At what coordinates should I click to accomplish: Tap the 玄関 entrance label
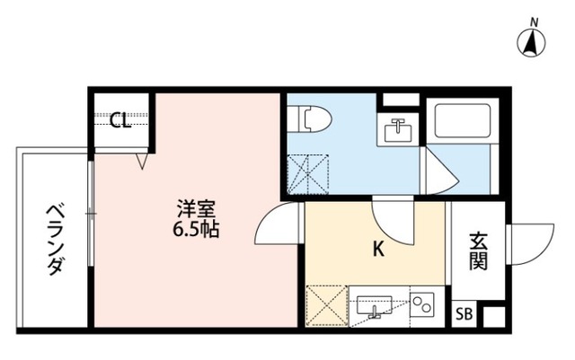[x=478, y=252]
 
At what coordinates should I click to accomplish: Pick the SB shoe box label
[x=464, y=314]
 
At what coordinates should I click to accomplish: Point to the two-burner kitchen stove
[x=421, y=305]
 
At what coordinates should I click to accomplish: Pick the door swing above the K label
[x=394, y=222]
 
